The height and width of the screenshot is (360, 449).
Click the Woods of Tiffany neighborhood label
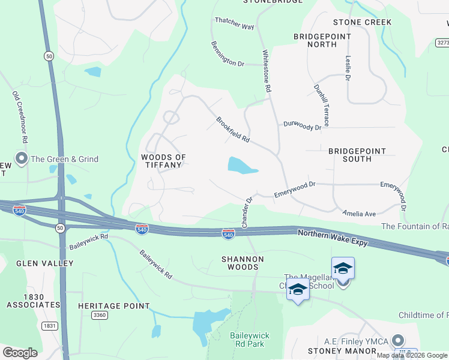pos(163,161)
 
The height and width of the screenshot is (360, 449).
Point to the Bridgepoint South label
pos(358,155)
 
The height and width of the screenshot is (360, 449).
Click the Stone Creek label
pos(363,22)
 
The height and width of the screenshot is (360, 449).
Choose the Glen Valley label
pos(45,263)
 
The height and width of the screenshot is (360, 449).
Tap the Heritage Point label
pos(113,306)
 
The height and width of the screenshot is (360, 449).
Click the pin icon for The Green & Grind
pos(22,159)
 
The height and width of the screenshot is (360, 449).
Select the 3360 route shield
pos(99,315)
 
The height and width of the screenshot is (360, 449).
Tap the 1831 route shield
pos(50,326)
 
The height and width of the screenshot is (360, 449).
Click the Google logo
pos(20,352)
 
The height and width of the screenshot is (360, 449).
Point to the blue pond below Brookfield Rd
pos(241,165)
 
